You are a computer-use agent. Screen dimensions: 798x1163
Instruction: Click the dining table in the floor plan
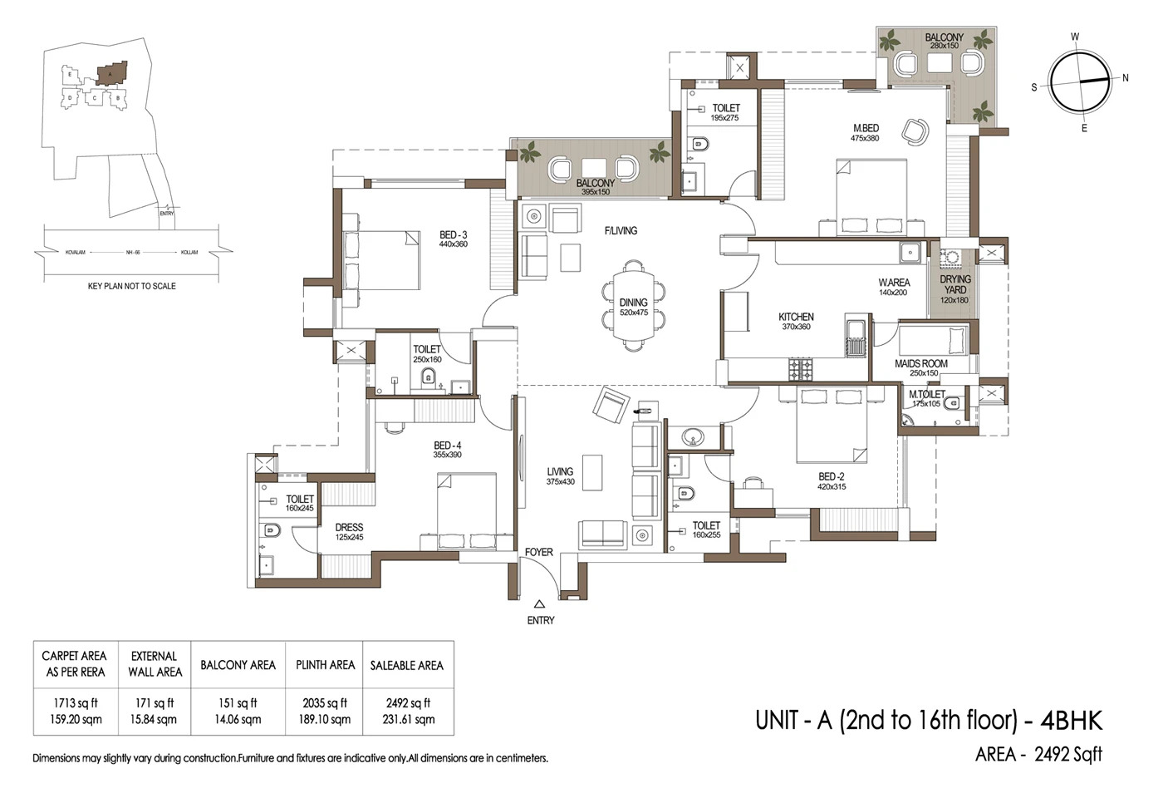(634, 307)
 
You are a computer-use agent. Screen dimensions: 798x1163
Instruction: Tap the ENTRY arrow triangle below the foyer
(539, 605)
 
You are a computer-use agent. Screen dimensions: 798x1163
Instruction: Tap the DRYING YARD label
(954, 284)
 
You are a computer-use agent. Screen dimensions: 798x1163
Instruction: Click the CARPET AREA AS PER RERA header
(74, 663)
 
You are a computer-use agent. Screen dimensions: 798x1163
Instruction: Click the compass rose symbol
(1079, 81)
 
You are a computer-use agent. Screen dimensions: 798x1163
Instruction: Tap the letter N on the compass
(1126, 78)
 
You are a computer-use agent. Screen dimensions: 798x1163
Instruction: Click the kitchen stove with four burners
(801, 369)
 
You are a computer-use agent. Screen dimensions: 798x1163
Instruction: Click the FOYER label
(538, 552)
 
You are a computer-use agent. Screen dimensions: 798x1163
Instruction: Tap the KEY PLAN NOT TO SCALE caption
(131, 286)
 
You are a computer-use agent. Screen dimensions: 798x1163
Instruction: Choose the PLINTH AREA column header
(325, 665)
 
